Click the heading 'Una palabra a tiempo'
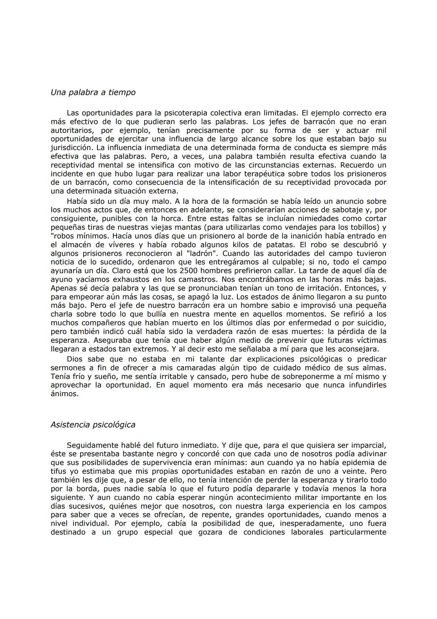tap(93, 92)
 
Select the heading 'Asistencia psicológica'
tap(93, 425)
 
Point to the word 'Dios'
tap(74, 359)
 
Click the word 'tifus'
tap(59, 471)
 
